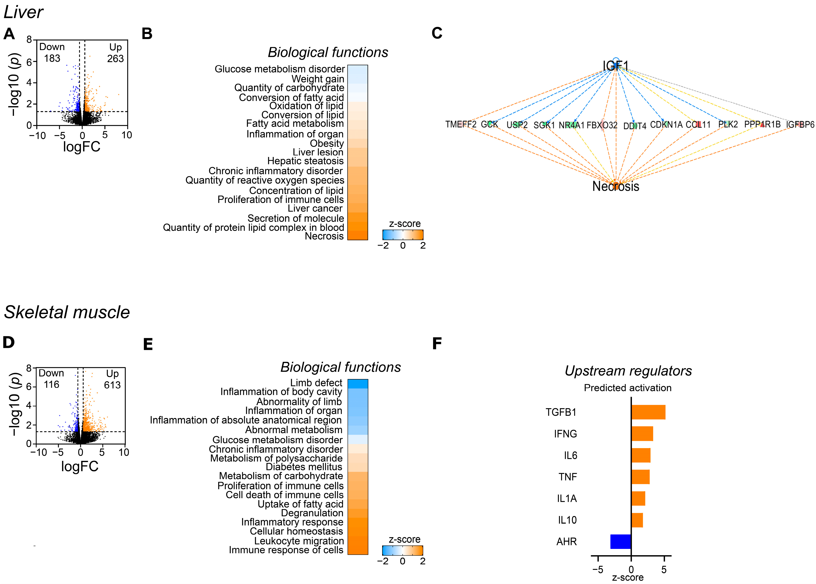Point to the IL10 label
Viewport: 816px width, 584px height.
(567, 520)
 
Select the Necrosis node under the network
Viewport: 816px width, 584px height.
(616, 186)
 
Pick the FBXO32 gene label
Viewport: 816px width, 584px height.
(602, 125)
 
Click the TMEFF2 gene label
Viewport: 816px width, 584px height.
(461, 124)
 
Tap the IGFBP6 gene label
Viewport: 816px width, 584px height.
(800, 124)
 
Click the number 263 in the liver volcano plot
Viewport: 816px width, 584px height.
(115, 59)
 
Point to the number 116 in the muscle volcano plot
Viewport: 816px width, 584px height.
(51, 385)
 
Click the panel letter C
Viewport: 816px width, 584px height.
(437, 33)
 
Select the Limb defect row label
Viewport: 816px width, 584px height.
(316, 383)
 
